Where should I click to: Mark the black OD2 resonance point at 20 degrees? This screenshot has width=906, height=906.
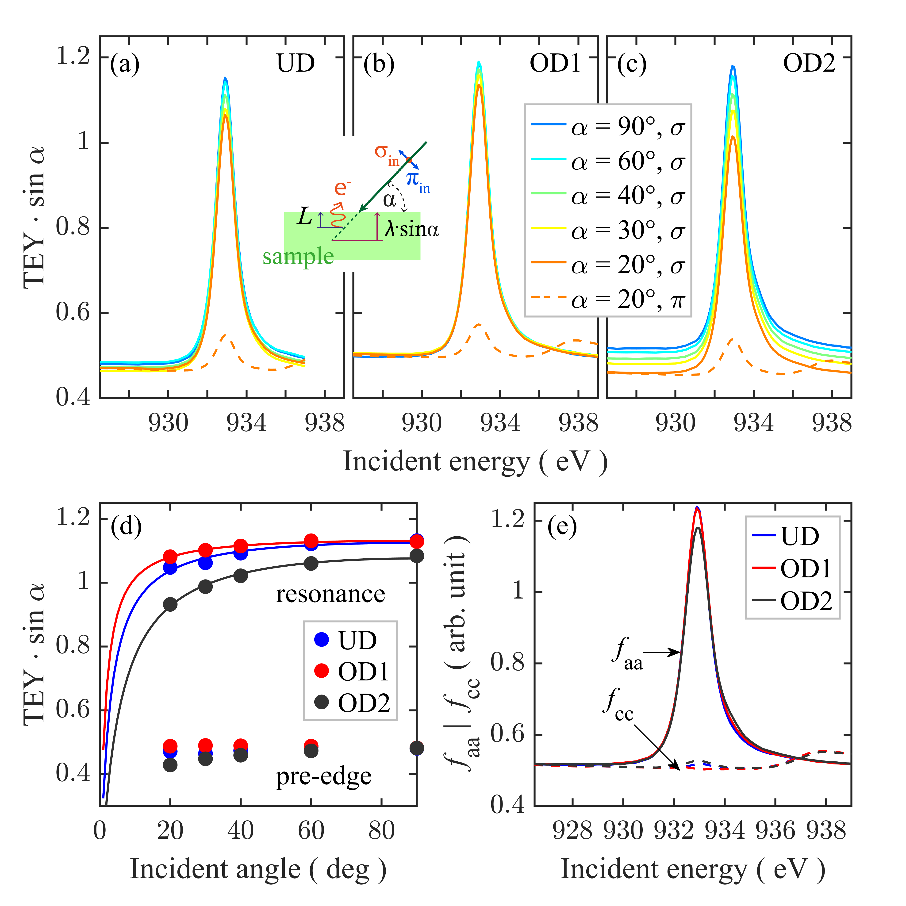tap(170, 604)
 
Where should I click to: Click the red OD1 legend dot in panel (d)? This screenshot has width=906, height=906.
tap(322, 671)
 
